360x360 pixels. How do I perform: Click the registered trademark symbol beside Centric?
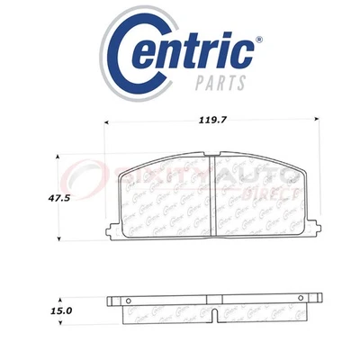(x=259, y=40)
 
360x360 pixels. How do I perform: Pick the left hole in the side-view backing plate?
(x=126, y=301)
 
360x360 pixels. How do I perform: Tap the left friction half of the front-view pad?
(x=162, y=193)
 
